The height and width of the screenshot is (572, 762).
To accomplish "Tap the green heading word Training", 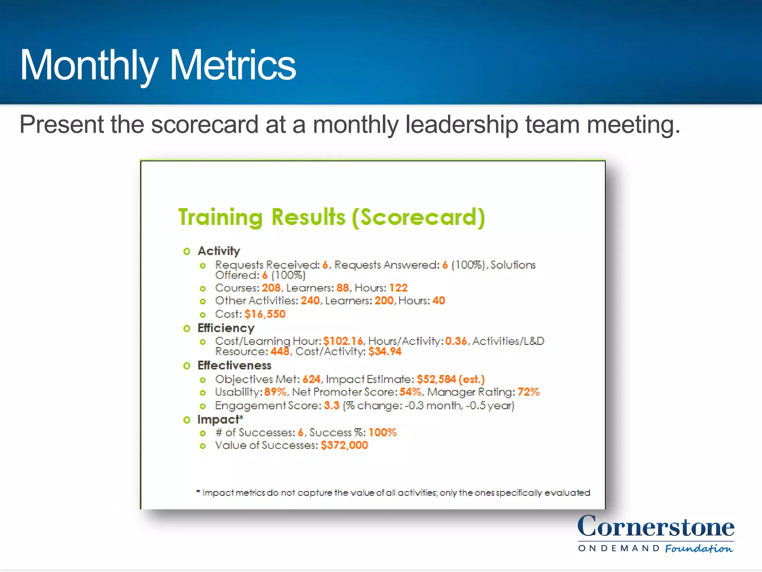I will coord(221,217).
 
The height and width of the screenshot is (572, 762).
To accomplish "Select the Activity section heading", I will coord(219,251).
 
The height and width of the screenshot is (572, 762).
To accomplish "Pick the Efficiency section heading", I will coord(226,328).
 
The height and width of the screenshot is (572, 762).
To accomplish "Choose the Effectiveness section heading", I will coord(234,365).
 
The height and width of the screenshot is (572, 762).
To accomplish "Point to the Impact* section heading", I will coord(220,419).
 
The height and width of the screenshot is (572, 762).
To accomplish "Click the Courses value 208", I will coord(271,288).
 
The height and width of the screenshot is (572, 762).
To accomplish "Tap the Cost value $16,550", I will coord(265,314).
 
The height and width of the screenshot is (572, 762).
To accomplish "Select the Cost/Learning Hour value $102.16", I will coord(343,341).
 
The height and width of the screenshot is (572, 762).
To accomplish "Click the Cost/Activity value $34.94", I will coord(385,352).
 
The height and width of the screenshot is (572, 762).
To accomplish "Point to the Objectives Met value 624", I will coord(311,379).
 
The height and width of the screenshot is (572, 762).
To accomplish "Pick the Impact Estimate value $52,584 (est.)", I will coord(451,379).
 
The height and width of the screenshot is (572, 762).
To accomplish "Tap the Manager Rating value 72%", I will coord(528,392).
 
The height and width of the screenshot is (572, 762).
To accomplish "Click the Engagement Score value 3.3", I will coord(332,405).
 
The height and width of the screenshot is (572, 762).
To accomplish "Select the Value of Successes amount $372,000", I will coord(344,445).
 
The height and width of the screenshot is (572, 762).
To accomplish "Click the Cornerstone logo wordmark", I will coord(656,527).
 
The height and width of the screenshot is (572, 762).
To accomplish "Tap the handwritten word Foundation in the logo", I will coord(699,549).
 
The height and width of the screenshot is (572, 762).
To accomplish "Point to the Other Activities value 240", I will coord(310,301).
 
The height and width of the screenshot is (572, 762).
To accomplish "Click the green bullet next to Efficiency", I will coord(187,328).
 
